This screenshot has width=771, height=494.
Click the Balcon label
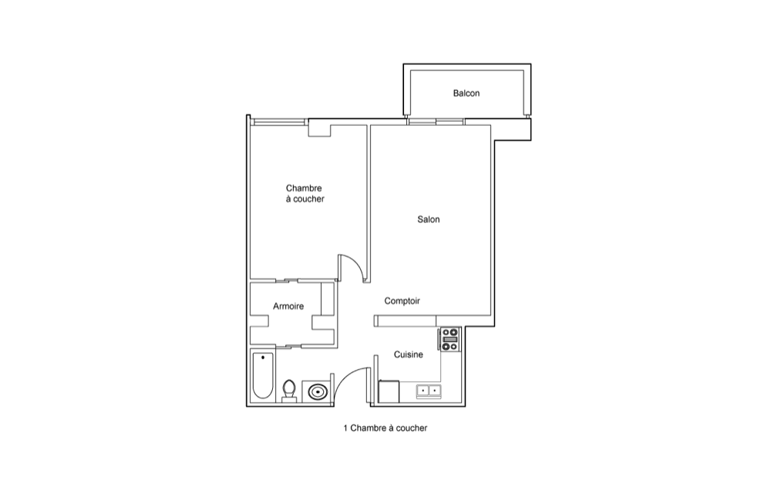(x=466, y=93)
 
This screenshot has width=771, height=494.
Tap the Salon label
(x=428, y=219)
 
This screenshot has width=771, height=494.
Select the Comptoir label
(x=402, y=300)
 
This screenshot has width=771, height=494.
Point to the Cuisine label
(x=408, y=354)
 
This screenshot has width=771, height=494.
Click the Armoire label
(x=288, y=306)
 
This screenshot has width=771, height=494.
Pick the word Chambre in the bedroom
(x=304, y=188)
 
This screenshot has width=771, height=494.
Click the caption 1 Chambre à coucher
(x=385, y=428)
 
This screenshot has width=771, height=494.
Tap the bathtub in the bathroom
(x=263, y=375)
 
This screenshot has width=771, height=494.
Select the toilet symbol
(x=289, y=391)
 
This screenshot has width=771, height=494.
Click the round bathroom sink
(x=317, y=392)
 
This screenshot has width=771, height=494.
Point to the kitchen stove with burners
(x=450, y=340)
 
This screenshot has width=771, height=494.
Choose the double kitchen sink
(x=429, y=391)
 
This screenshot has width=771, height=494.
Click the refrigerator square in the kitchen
(x=389, y=391)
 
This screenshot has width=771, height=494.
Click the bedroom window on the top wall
(x=279, y=121)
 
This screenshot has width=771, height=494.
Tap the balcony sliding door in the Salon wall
(x=436, y=121)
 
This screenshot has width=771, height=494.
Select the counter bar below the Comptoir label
(x=406, y=321)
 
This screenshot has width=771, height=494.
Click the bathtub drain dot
(x=263, y=357)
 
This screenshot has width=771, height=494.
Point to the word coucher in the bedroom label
(x=309, y=199)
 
